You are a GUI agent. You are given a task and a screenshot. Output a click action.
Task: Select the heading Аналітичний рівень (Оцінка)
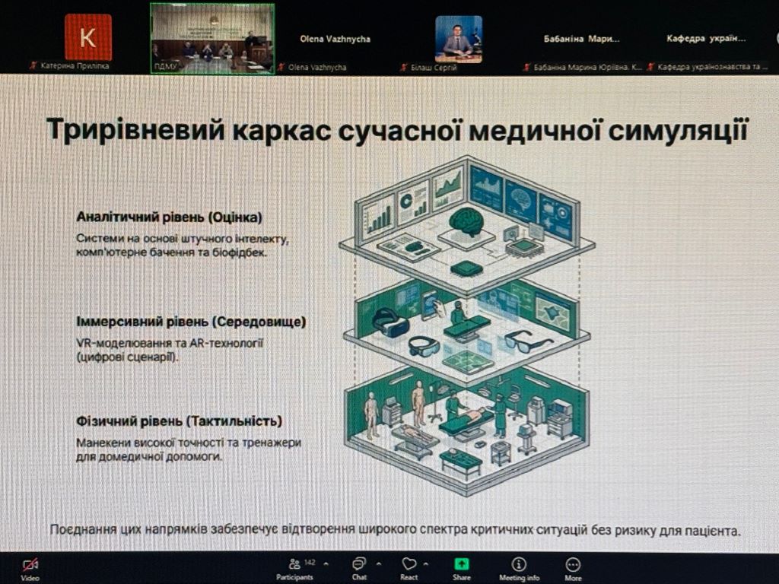pyautogui.click(x=169, y=217)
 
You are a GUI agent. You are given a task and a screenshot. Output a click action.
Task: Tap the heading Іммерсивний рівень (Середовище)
pyautogui.click(x=191, y=322)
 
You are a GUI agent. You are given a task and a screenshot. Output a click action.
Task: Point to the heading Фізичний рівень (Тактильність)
pyautogui.click(x=179, y=421)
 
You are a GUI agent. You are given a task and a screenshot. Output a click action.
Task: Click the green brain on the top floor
pyautogui.click(x=466, y=221)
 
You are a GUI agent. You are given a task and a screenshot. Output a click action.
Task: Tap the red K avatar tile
pyautogui.click(x=87, y=37)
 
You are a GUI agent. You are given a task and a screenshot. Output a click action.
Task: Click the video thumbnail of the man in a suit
pyautogui.click(x=458, y=39)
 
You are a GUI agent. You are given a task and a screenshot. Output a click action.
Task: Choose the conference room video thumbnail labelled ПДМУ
pyautogui.click(x=212, y=37)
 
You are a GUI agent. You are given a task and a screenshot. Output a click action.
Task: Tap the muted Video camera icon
pyautogui.click(x=30, y=564)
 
